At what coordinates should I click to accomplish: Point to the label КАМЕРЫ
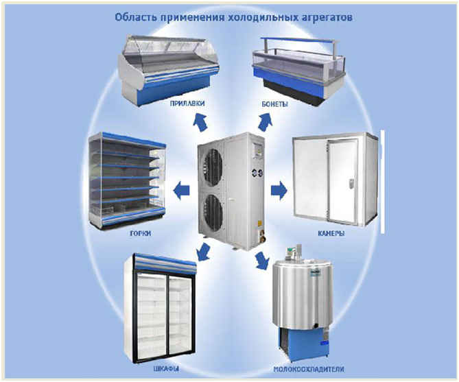[x=331, y=233]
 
